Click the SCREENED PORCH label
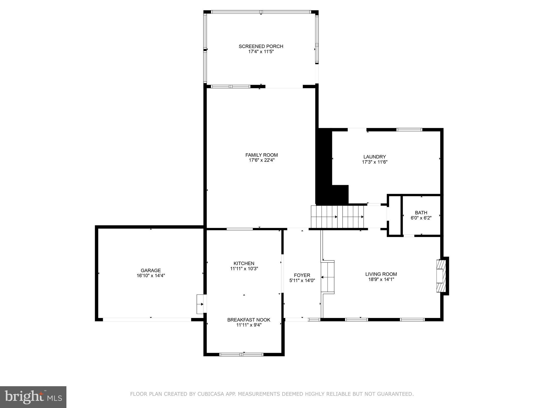point(261,46)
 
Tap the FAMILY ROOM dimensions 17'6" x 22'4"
point(261,160)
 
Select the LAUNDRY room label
point(375,157)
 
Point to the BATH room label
point(421,212)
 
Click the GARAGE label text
point(151,270)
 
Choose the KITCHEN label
point(244,263)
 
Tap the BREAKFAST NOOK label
point(249,320)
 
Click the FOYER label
point(302,275)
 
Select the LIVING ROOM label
point(381,274)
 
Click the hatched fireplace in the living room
point(440,276)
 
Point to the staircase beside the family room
point(337,216)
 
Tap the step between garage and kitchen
point(200,304)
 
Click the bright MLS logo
point(33,397)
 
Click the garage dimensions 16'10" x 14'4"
point(151,276)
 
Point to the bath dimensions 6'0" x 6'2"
point(421,218)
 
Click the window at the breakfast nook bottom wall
point(241,354)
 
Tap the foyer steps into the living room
point(328,277)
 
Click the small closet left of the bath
point(395,215)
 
